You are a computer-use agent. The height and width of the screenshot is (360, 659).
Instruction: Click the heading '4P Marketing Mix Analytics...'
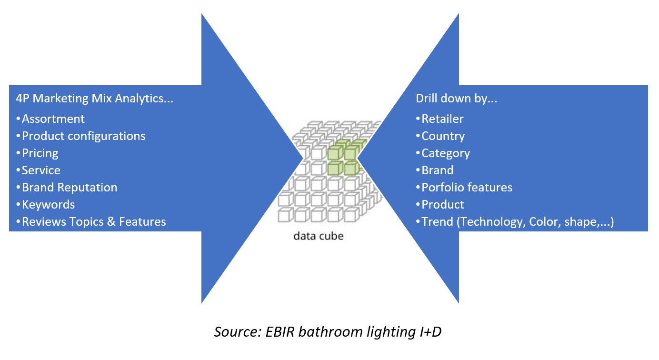[94, 99]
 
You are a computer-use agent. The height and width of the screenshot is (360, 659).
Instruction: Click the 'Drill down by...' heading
[456, 99]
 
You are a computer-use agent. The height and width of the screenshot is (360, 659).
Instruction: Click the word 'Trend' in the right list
[437, 221]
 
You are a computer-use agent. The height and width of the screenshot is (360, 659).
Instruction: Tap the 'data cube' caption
[319, 236]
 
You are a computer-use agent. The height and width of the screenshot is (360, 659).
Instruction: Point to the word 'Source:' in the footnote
[238, 332]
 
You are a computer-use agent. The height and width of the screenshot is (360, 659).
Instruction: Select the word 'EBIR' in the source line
[280, 332]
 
